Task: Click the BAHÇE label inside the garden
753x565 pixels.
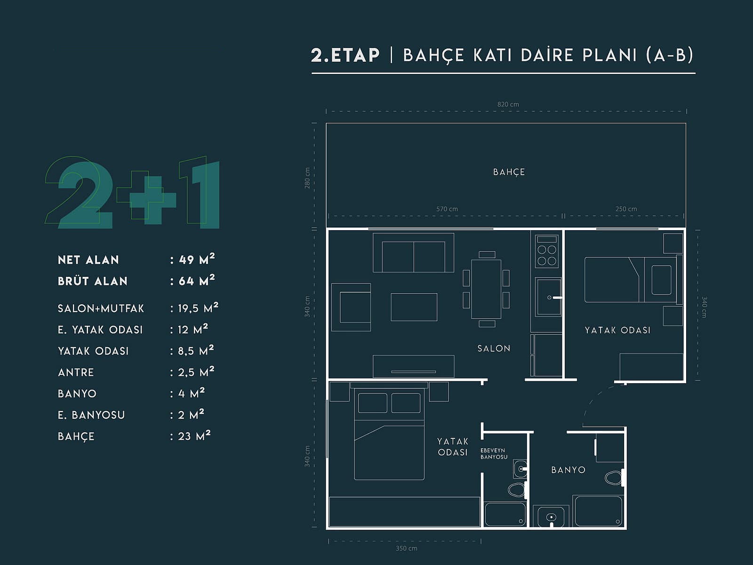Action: [x=509, y=172]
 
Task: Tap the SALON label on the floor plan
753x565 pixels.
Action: [x=494, y=348]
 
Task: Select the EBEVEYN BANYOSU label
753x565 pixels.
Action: [x=494, y=453]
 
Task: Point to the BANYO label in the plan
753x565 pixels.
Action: [x=568, y=470]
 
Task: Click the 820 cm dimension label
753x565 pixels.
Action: [x=508, y=104]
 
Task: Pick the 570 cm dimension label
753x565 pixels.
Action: [x=447, y=209]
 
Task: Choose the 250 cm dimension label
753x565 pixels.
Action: [x=626, y=209]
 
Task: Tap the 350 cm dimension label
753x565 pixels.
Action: [x=407, y=548]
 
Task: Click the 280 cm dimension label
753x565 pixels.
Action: [x=307, y=178]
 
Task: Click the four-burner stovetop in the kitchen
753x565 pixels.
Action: [x=546, y=251]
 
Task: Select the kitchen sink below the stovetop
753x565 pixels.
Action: [x=549, y=297]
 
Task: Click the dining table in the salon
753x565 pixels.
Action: [x=486, y=289]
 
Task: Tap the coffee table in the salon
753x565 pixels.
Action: [x=414, y=307]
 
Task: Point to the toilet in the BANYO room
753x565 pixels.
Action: [x=614, y=478]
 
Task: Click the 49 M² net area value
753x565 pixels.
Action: [x=197, y=259]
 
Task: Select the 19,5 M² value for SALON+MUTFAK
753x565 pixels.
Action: [x=198, y=308]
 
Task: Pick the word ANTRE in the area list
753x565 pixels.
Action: [x=76, y=372]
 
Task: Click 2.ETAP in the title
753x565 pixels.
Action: [x=345, y=55]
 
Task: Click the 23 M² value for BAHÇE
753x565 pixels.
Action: [x=194, y=436]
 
